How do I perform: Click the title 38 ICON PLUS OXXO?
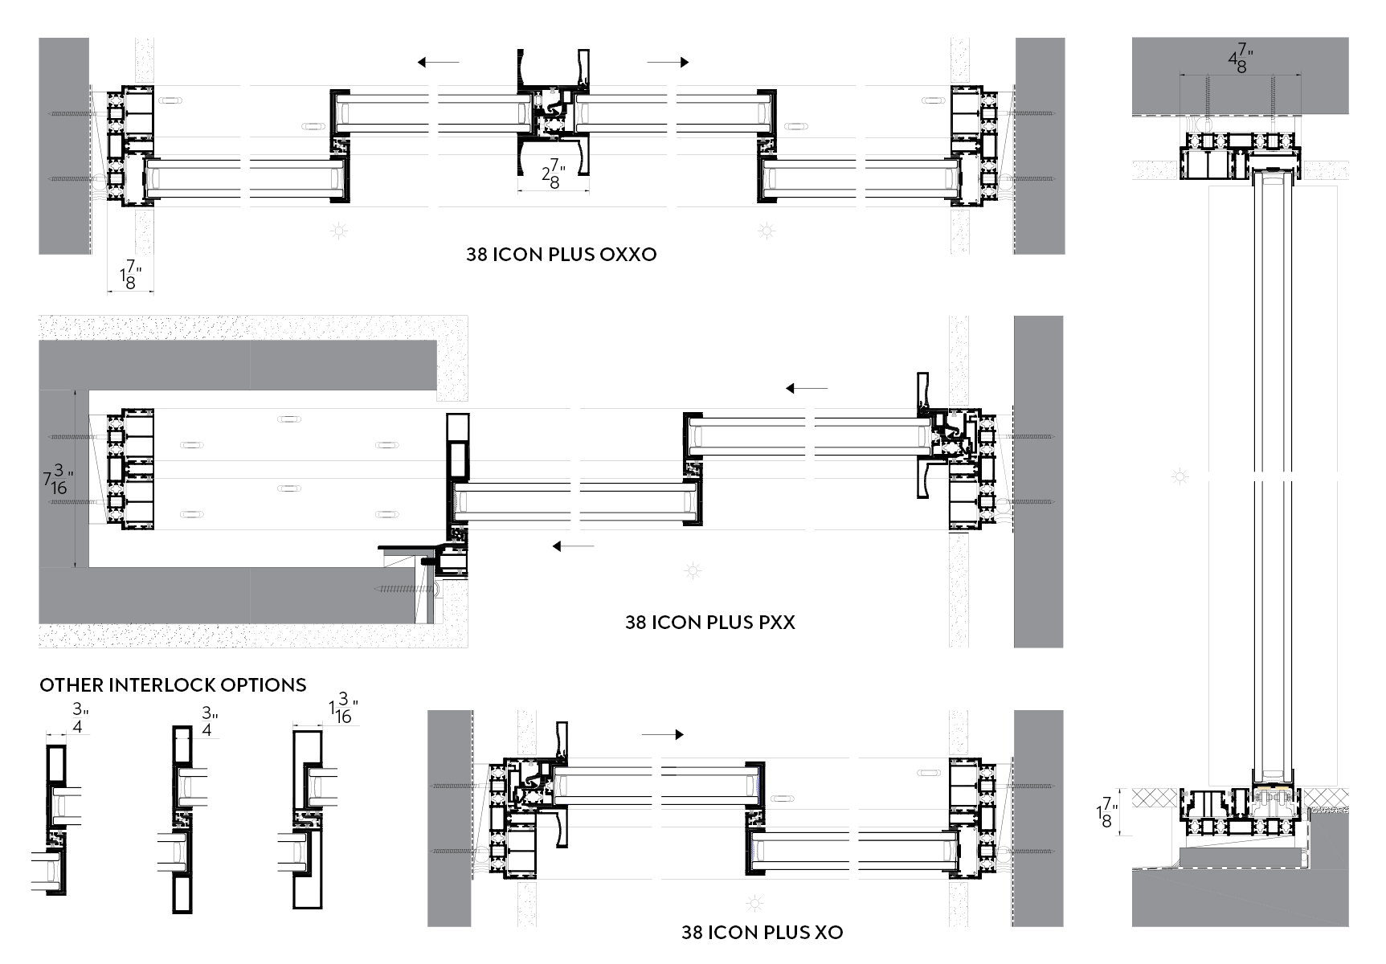(x=561, y=255)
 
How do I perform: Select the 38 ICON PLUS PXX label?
(x=709, y=623)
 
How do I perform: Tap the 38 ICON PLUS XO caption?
(x=762, y=932)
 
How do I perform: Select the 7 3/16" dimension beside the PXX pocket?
(x=58, y=481)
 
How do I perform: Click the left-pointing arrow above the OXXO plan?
(x=438, y=62)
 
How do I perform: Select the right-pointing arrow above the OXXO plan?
(x=668, y=62)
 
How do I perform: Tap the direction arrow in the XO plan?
(x=663, y=734)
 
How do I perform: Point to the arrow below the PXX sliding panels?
(x=573, y=546)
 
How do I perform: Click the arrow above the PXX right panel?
(x=806, y=389)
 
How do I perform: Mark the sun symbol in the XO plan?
(x=754, y=903)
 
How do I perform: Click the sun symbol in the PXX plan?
(x=693, y=571)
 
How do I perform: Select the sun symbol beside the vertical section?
(x=1180, y=477)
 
